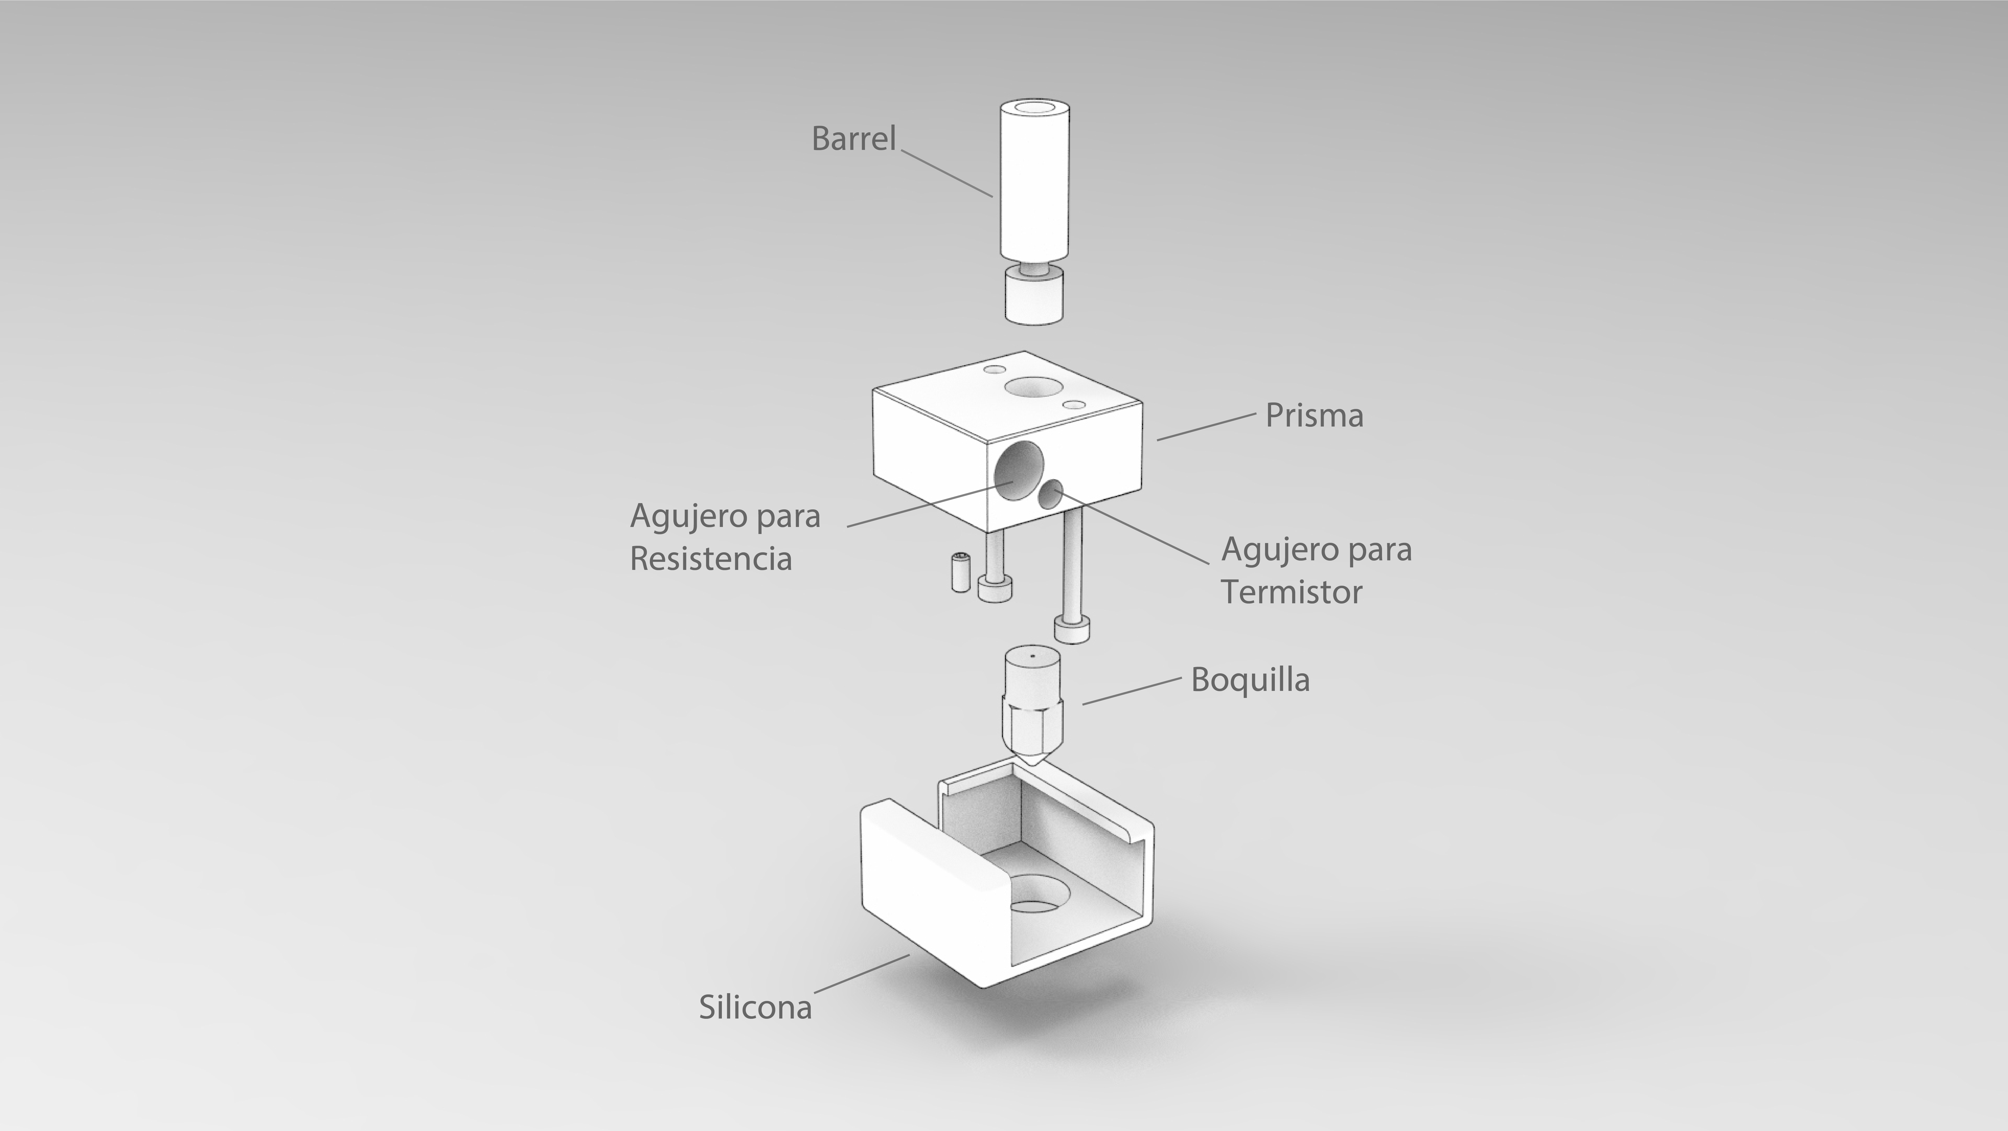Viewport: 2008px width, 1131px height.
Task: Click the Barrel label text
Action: pos(854,139)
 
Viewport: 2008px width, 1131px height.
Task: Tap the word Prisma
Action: pos(1314,415)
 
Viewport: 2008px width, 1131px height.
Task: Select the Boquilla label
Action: pos(1250,680)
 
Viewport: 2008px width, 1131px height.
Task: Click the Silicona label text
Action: pos(755,1007)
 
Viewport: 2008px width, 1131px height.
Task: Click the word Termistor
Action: pos(1291,592)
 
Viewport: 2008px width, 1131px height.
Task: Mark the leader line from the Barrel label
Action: pos(947,173)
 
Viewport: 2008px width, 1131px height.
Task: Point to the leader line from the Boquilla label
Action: pos(1132,691)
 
